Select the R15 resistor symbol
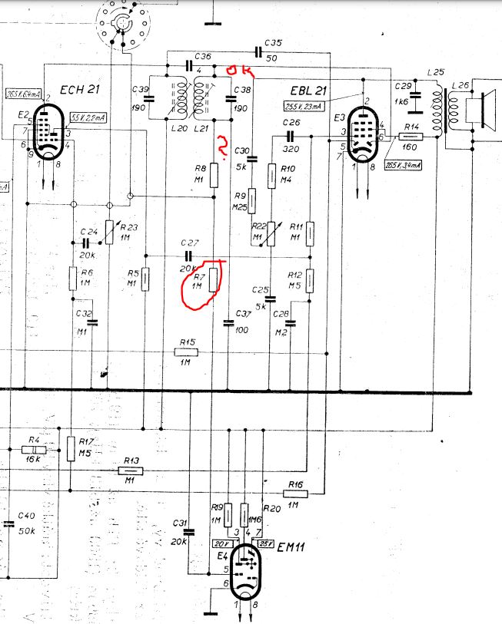point(185,352)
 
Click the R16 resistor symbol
point(295,494)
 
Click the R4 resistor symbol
point(34,449)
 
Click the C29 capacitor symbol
point(416,96)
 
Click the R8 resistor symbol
point(214,177)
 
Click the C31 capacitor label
point(181,523)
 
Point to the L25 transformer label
point(437,73)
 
